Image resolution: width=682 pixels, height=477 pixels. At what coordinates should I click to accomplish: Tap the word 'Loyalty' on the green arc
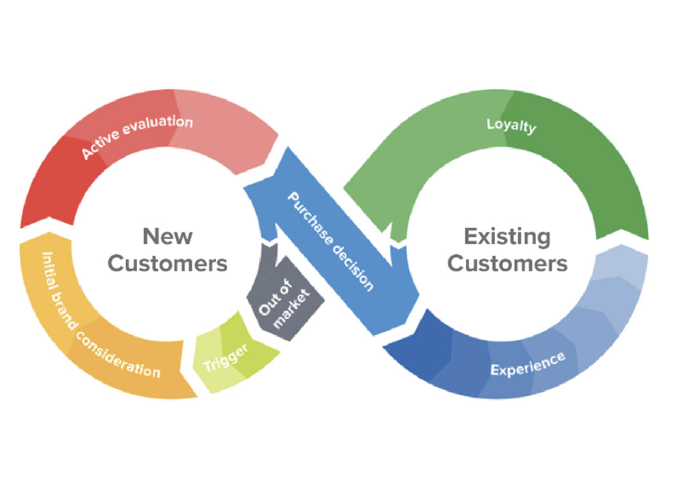[x=511, y=126]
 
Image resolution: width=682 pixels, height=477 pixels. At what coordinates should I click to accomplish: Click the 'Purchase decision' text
[x=331, y=241]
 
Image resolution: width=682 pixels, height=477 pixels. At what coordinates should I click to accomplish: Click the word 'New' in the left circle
[x=167, y=236]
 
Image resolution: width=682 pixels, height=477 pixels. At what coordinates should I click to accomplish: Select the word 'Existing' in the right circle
[x=507, y=236]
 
